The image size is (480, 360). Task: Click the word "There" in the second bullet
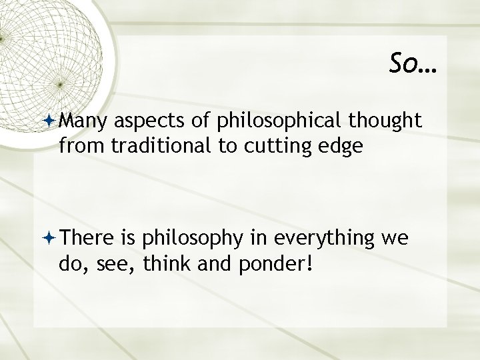(86, 238)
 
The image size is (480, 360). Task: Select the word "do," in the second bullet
(71, 264)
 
